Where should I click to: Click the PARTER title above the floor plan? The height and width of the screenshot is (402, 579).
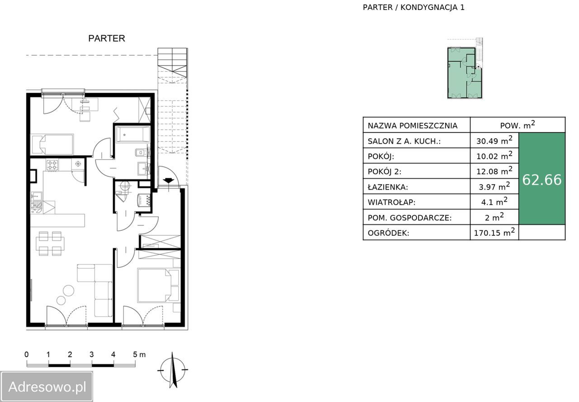pyautogui.click(x=106, y=38)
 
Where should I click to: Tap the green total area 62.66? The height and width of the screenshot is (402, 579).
pyautogui.click(x=542, y=180)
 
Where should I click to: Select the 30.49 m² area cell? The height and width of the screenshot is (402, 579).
pyautogui.click(x=494, y=140)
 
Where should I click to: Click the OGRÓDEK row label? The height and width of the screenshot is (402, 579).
pyautogui.click(x=388, y=233)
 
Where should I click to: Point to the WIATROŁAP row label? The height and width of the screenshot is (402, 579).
pyautogui.click(x=391, y=202)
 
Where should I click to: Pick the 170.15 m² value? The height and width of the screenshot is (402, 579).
pyautogui.click(x=494, y=232)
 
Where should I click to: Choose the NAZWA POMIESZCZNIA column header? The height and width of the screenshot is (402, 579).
pyautogui.click(x=413, y=126)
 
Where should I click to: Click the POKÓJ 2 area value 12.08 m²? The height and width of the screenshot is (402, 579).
pyautogui.click(x=494, y=171)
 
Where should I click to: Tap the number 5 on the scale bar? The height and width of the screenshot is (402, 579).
pyautogui.click(x=135, y=355)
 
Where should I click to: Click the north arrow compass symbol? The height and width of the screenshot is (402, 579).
pyautogui.click(x=173, y=370)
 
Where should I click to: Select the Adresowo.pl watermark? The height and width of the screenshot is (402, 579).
pyautogui.click(x=47, y=387)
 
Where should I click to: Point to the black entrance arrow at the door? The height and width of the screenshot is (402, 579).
pyautogui.click(x=169, y=180)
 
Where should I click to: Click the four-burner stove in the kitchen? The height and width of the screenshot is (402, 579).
pyautogui.click(x=52, y=165)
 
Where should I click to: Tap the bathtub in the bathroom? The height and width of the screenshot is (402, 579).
pyautogui.click(x=133, y=134)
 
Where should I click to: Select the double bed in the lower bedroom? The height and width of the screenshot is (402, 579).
pyautogui.click(x=158, y=285)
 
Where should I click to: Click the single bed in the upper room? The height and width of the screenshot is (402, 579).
pyautogui.click(x=52, y=144)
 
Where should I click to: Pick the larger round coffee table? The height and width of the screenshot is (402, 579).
pyautogui.click(x=68, y=290)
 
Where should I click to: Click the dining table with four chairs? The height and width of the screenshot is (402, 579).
pyautogui.click(x=50, y=243)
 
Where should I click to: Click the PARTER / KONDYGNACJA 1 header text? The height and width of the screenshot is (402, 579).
pyautogui.click(x=413, y=8)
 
